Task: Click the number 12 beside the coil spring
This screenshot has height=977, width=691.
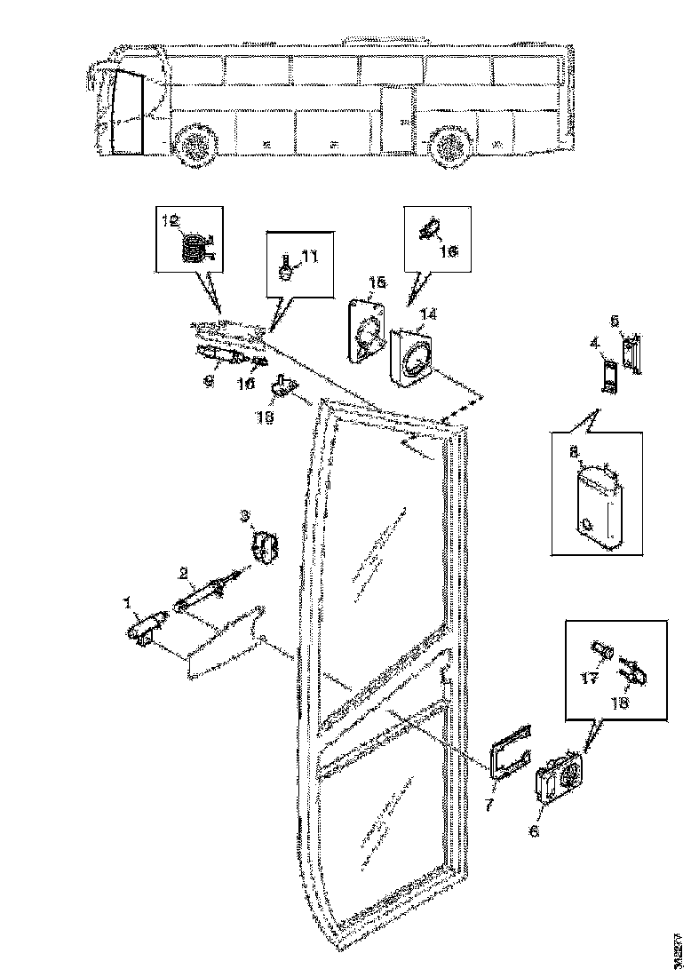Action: [170, 218]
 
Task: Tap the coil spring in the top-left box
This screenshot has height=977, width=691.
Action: [191, 244]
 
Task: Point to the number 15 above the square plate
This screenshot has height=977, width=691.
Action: [377, 282]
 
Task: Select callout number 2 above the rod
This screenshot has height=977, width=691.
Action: [183, 572]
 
